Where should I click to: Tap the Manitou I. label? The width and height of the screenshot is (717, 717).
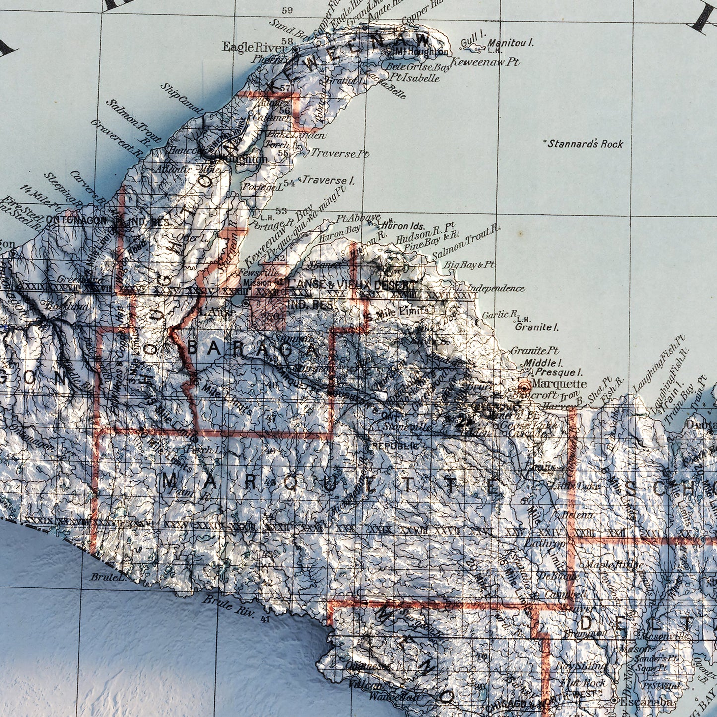(511, 43)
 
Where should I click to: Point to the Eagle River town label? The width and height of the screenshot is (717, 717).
(255, 47)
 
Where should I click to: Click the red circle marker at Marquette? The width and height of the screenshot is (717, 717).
(524, 385)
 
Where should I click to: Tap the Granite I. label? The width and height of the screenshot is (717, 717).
(537, 327)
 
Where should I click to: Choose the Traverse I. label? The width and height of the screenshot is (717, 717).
(328, 180)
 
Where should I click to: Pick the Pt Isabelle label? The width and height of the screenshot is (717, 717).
(414, 78)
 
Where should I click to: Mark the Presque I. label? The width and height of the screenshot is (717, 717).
(558, 372)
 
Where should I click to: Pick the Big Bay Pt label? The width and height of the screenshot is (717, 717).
(469, 265)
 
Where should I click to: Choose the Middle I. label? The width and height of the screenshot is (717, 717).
(543, 362)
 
